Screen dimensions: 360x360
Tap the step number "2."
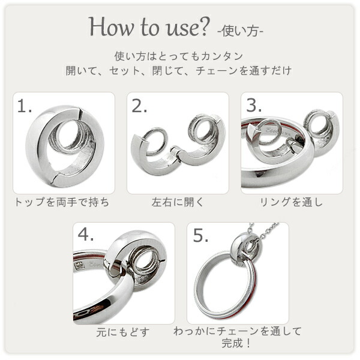click(x=139, y=107)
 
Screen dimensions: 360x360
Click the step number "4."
click(x=85, y=235)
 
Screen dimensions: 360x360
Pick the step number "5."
click(x=200, y=235)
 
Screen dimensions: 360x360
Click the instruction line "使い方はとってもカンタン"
click(x=179, y=56)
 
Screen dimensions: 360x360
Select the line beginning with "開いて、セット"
click(x=179, y=70)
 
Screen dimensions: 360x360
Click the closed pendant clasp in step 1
click(x=63, y=147)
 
